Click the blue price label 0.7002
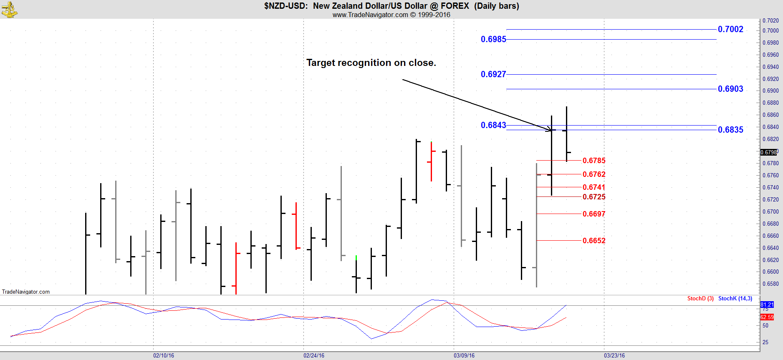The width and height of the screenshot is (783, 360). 730,29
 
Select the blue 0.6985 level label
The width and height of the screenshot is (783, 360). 493,39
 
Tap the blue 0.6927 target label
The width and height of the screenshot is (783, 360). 493,74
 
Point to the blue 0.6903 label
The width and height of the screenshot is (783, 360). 730,89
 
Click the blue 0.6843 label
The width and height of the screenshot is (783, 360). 493,125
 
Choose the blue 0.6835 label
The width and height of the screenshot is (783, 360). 730,130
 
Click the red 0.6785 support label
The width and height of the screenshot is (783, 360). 594,161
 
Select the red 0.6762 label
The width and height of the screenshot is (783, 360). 594,174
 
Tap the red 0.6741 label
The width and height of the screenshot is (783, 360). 594,187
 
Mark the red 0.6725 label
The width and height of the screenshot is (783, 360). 594,197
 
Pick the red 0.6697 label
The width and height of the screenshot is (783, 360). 594,214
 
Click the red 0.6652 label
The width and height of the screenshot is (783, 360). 594,241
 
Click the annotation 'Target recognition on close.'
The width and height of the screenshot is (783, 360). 371,63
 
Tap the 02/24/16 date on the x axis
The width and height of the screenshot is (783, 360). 314,355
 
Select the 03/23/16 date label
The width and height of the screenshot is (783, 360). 614,355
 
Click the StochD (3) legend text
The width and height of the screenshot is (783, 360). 700,298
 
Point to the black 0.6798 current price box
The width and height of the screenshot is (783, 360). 769,152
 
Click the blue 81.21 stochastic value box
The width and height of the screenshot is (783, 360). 767,305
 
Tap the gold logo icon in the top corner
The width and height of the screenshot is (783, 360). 9,9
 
